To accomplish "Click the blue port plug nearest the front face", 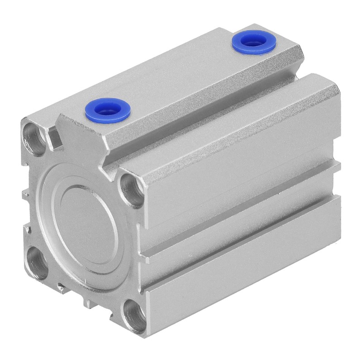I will pos(108,109).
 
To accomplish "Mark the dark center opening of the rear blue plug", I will pos(254,42).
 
